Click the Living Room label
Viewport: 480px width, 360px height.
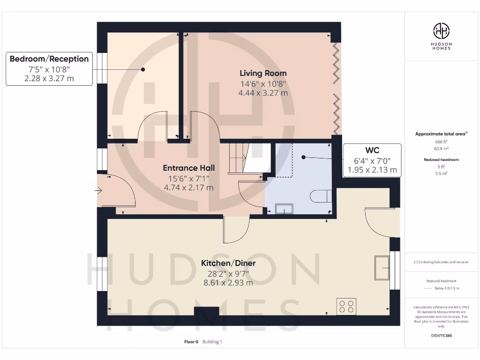(263, 73)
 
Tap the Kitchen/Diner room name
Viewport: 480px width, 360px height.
(228, 263)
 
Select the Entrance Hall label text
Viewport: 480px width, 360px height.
(188, 168)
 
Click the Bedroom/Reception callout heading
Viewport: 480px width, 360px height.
(49, 59)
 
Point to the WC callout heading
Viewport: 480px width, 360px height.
(372, 150)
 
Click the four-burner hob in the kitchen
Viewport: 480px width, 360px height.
(346, 307)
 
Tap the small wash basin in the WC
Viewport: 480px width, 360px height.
(284, 209)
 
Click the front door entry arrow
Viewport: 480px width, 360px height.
(99, 190)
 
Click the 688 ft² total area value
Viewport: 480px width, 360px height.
(441, 141)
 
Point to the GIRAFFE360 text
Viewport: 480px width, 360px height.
(441, 336)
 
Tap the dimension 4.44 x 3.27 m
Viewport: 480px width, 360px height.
(263, 93)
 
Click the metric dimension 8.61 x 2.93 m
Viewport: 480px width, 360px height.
(228, 283)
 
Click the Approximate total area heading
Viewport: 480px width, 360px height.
(441, 134)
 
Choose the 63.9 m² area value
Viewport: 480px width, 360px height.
(441, 148)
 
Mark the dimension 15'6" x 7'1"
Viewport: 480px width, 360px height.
(188, 178)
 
